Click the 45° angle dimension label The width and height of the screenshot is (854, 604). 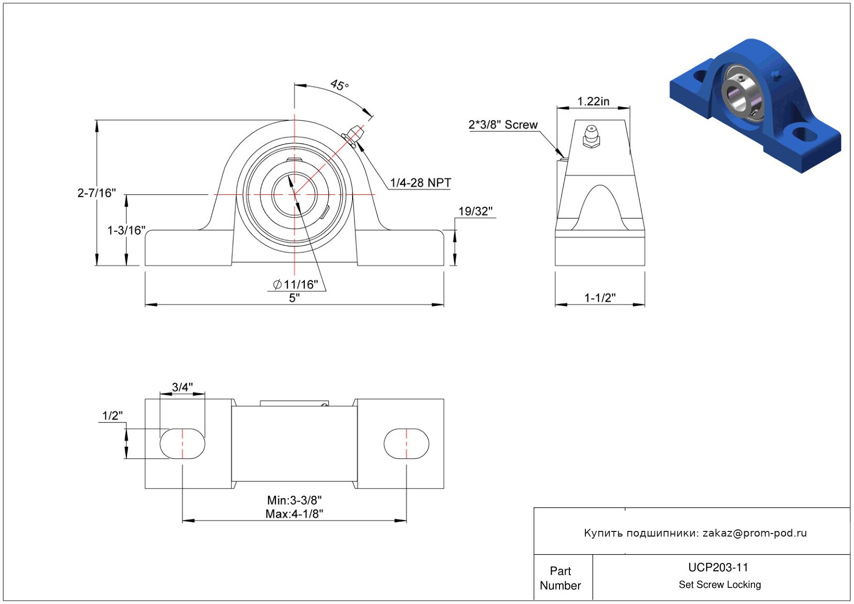pyautogui.click(x=339, y=85)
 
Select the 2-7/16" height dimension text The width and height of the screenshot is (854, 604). pyautogui.click(x=96, y=193)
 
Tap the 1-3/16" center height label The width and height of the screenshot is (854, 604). pyautogui.click(x=126, y=230)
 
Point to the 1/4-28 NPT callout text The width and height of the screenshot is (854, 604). pyautogui.click(x=421, y=182)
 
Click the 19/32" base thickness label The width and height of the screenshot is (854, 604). pyautogui.click(x=475, y=211)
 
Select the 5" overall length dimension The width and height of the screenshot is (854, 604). pyautogui.click(x=294, y=298)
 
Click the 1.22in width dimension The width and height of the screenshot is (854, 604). pyautogui.click(x=593, y=102)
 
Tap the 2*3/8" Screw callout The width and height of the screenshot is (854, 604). pyautogui.click(x=503, y=125)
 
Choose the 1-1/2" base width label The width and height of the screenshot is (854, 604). pyautogui.click(x=600, y=298)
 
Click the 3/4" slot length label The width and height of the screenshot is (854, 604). pyautogui.click(x=182, y=387)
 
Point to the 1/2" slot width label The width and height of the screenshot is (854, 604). pyautogui.click(x=113, y=416)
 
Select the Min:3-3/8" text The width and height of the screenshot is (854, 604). pyautogui.click(x=294, y=500)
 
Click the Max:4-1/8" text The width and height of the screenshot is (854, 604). pyautogui.click(x=294, y=514)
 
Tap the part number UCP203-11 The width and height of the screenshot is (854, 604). pyautogui.click(x=718, y=567)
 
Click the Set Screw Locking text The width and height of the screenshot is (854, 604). pyautogui.click(x=719, y=584)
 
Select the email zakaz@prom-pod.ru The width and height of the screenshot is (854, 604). pyautogui.click(x=754, y=532)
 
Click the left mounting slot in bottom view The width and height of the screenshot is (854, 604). pyautogui.click(x=182, y=443)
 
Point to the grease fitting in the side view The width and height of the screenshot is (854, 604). pyautogui.click(x=591, y=136)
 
